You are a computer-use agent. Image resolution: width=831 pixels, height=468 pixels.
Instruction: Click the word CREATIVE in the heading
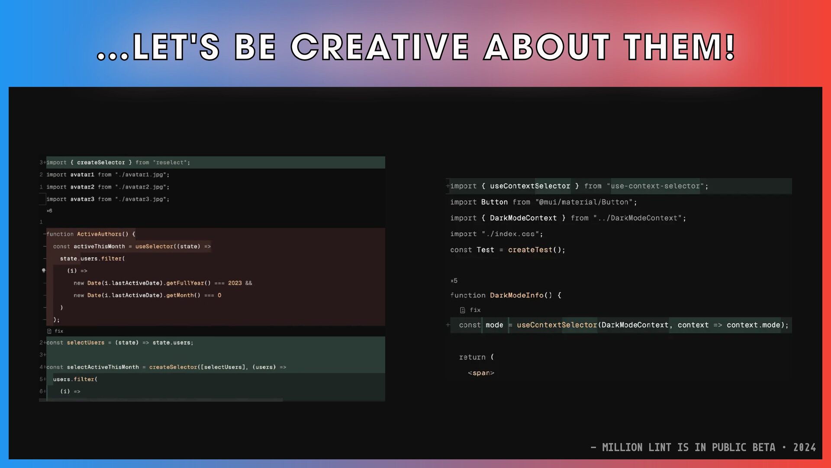click(380, 47)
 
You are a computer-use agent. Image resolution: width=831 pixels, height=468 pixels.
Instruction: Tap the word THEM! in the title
click(680, 47)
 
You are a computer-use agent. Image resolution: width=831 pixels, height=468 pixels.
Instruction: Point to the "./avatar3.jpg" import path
click(141, 199)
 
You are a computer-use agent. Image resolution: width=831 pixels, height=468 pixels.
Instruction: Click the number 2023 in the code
click(235, 283)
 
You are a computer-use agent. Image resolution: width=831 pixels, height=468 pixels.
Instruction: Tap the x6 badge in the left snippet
click(49, 211)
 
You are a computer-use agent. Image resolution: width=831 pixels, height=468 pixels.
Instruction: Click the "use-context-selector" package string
click(655, 186)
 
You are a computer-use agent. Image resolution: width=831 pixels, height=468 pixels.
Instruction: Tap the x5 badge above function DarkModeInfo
click(454, 281)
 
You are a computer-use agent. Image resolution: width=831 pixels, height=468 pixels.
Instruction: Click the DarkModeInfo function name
click(516, 296)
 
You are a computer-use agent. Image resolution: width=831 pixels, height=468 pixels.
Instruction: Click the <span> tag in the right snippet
click(481, 373)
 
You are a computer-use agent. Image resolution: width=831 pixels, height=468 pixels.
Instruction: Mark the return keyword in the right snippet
click(472, 357)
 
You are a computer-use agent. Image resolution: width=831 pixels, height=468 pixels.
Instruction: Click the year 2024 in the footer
click(805, 448)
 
